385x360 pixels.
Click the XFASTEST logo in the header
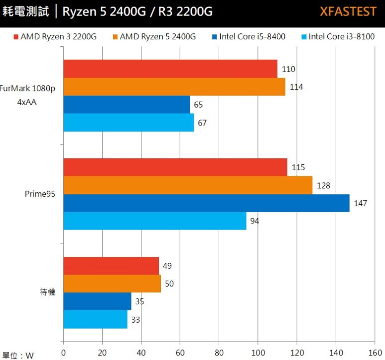pyautogui.click(x=348, y=11)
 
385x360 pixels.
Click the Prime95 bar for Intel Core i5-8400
pyautogui.click(x=206, y=203)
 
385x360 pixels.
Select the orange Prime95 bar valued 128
pyautogui.click(x=188, y=185)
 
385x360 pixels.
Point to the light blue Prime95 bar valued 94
pyautogui.click(x=154, y=221)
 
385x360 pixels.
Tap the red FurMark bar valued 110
pyautogui.click(x=170, y=69)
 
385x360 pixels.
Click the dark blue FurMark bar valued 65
pyautogui.click(x=127, y=105)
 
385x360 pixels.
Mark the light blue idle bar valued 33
pyautogui.click(x=95, y=320)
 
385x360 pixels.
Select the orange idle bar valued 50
pyautogui.click(x=112, y=284)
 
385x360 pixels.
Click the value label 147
pyautogui.click(x=361, y=203)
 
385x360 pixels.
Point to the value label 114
pyautogui.click(x=296, y=87)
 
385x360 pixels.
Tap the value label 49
pyautogui.click(x=168, y=266)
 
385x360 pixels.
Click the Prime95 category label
pyautogui.click(x=40, y=194)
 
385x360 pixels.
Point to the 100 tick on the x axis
pyautogui.click(x=257, y=353)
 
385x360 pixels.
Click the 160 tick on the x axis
pyautogui.click(x=374, y=353)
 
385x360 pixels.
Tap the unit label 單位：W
pyautogui.click(x=18, y=355)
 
